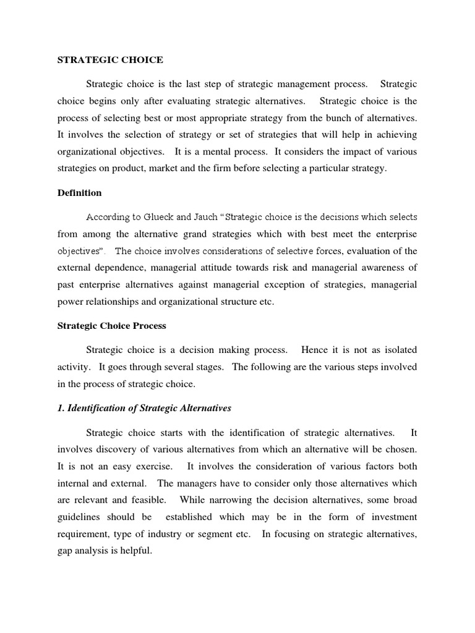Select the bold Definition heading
point(79,193)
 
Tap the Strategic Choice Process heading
point(111,325)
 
